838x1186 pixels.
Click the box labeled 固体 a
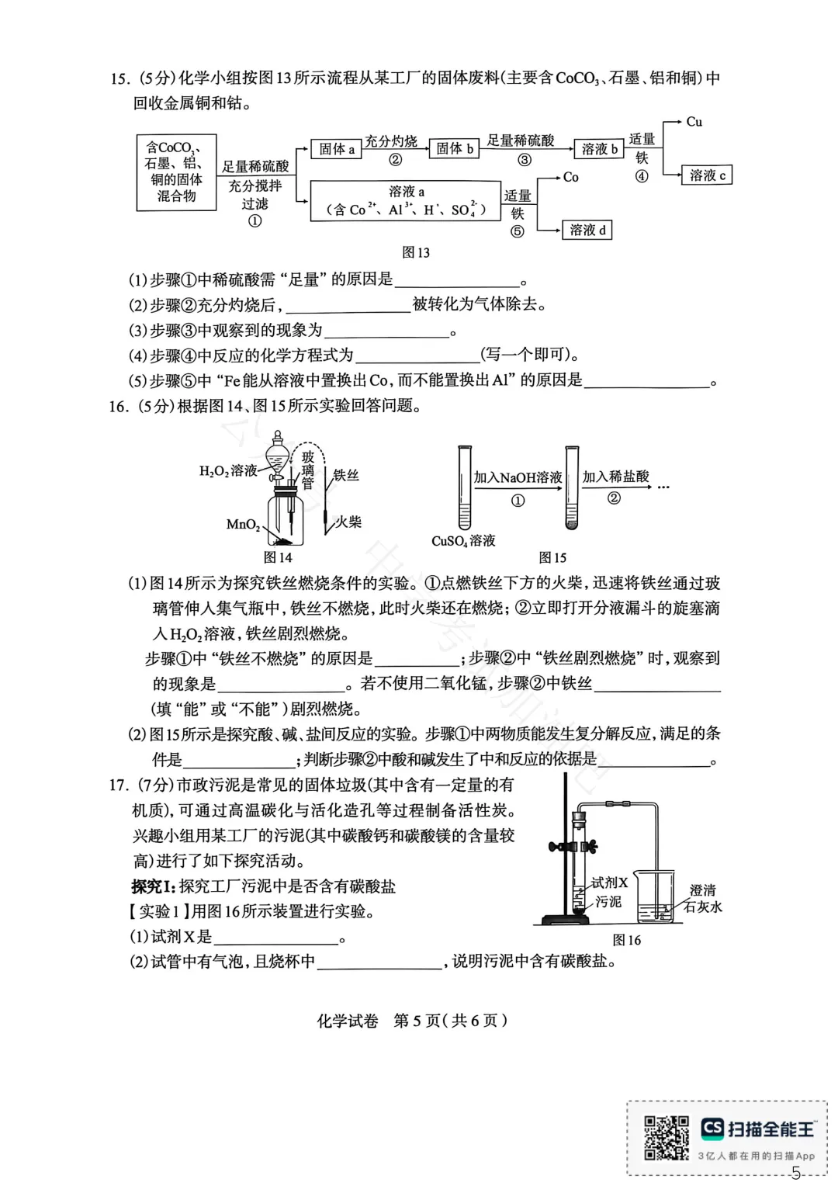click(x=336, y=149)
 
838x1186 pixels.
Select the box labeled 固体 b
click(x=454, y=149)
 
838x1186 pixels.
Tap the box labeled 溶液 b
click(x=599, y=149)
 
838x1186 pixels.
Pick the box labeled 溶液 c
click(x=707, y=175)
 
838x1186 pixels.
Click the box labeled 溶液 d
click(x=587, y=230)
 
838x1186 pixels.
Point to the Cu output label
click(x=694, y=122)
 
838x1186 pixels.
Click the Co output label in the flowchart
click(x=570, y=177)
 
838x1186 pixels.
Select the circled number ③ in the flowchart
click(x=525, y=161)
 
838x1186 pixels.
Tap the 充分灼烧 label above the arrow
click(x=391, y=140)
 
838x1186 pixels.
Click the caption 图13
click(x=416, y=252)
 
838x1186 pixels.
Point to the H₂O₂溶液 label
click(x=227, y=470)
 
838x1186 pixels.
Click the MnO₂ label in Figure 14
click(x=243, y=525)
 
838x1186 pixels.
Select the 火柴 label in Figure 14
click(x=348, y=522)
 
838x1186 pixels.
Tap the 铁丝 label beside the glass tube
click(x=346, y=475)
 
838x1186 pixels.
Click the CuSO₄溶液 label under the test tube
click(x=463, y=541)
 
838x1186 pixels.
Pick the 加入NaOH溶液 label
click(x=518, y=477)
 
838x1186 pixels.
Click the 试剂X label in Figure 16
click(x=609, y=883)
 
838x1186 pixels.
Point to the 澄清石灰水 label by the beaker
click(x=703, y=899)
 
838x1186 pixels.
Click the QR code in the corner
click(x=666, y=1138)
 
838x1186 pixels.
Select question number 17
click(x=119, y=785)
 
